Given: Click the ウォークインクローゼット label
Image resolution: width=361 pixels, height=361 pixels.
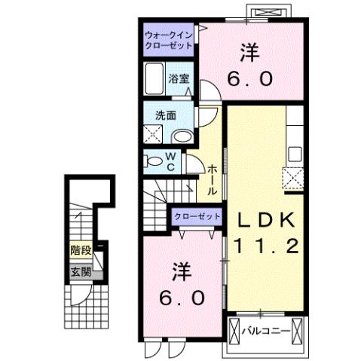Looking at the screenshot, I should tap(170, 38).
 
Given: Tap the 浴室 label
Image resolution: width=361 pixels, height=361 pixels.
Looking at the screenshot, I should tap(179, 78).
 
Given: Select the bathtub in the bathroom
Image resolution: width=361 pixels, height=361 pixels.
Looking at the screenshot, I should tap(154, 78).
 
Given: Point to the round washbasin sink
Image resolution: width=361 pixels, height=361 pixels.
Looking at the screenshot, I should tap(182, 136).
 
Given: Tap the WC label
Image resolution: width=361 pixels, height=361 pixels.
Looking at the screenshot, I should tap(171, 162).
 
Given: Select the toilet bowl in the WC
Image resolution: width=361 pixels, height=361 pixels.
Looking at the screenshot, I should tap(154, 161).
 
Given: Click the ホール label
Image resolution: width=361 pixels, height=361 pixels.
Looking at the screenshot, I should tap(213, 181).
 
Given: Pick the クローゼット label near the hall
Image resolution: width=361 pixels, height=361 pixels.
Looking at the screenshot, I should tap(197, 216).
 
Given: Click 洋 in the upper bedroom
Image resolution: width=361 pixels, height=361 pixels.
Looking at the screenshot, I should tap(250, 53).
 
